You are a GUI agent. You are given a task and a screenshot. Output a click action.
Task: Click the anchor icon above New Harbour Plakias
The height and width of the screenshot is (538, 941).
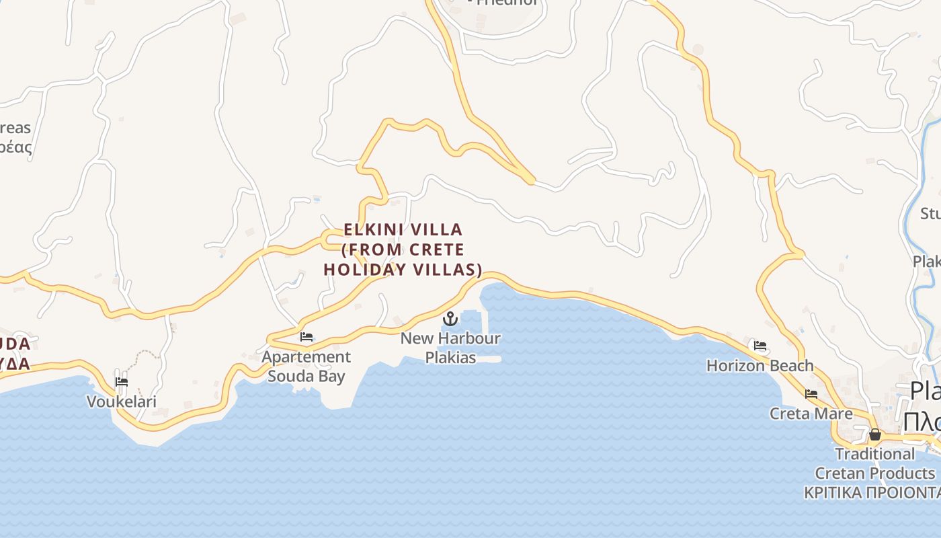450,318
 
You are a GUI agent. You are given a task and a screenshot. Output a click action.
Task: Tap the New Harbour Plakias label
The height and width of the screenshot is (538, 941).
450,348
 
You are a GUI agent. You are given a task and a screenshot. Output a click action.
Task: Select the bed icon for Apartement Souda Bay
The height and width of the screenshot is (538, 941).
306,337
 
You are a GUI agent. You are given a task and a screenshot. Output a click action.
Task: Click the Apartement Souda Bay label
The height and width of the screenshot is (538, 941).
306,367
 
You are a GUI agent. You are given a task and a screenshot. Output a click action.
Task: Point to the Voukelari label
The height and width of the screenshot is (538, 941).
122,401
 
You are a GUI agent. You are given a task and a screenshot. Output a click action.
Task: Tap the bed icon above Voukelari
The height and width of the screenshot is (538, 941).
122,382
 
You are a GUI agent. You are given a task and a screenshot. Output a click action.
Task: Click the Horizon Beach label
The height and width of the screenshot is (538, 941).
760,366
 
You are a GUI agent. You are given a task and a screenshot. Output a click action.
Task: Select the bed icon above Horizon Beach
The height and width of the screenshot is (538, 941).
760,346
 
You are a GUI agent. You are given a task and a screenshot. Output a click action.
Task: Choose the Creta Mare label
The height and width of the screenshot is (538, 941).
811,413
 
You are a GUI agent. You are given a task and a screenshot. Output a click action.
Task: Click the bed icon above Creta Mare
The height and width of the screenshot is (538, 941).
811,393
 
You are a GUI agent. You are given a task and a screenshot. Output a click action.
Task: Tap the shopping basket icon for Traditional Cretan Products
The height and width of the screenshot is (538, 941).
874,435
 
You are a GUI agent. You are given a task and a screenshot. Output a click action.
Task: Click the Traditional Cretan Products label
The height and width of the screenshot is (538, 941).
874,463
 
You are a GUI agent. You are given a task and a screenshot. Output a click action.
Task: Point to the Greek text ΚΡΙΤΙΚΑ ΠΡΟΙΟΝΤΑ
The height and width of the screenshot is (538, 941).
872,492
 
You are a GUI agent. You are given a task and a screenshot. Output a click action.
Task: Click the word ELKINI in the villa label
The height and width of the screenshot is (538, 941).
373,229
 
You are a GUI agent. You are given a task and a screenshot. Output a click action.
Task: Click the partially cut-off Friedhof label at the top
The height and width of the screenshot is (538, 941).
504,3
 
